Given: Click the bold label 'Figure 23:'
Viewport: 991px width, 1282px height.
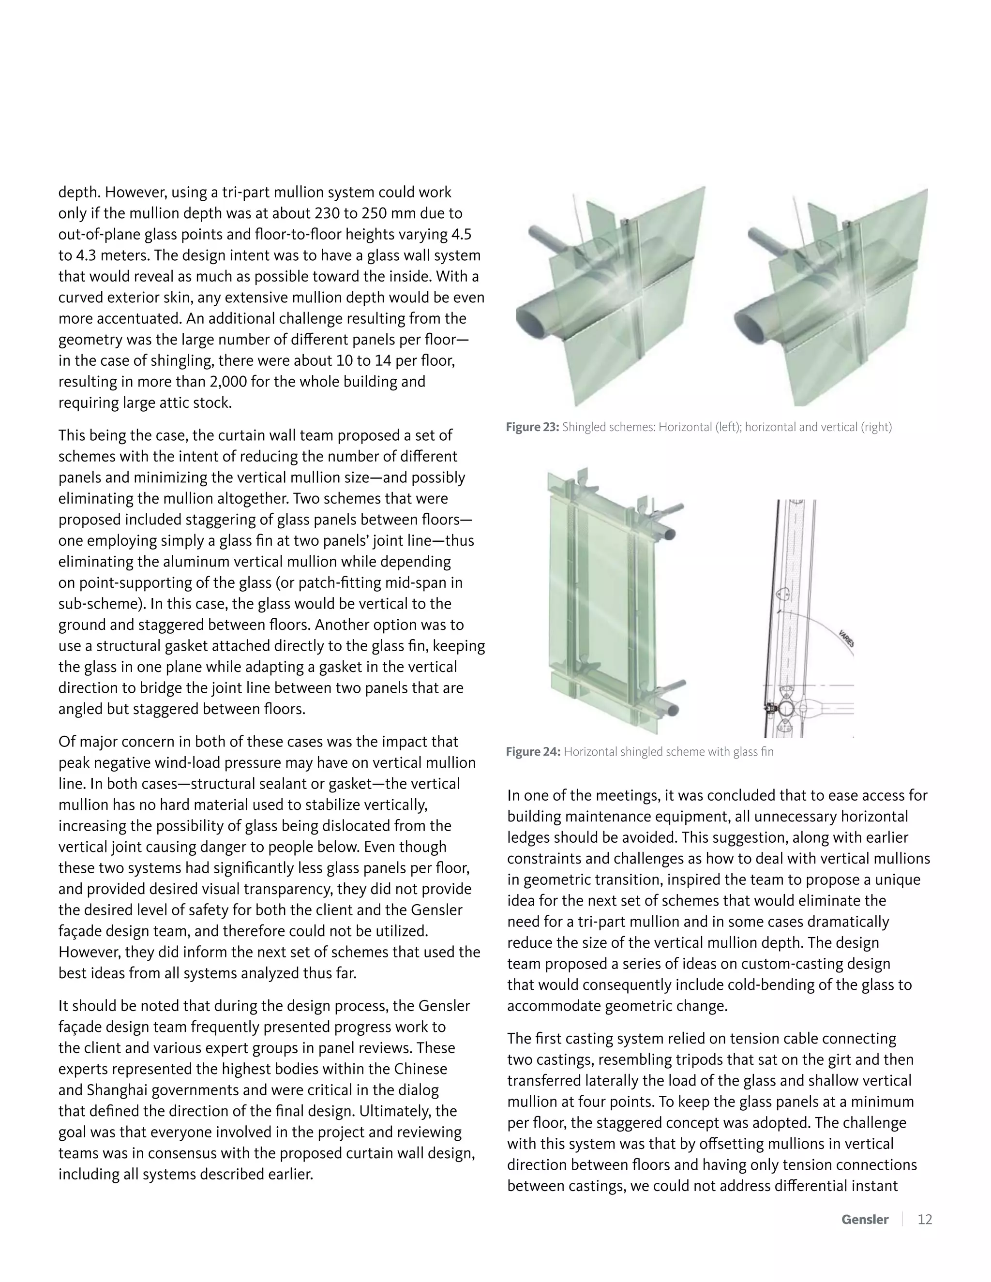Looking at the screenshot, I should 532,427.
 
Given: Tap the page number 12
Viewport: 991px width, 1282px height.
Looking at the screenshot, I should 925,1219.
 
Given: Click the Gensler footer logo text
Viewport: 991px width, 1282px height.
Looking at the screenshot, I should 865,1219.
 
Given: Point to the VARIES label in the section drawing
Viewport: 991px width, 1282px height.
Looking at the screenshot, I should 846,639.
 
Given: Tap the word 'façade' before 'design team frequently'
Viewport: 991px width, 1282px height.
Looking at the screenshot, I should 80,1027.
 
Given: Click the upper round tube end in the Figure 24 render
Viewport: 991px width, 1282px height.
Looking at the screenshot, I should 673,533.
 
